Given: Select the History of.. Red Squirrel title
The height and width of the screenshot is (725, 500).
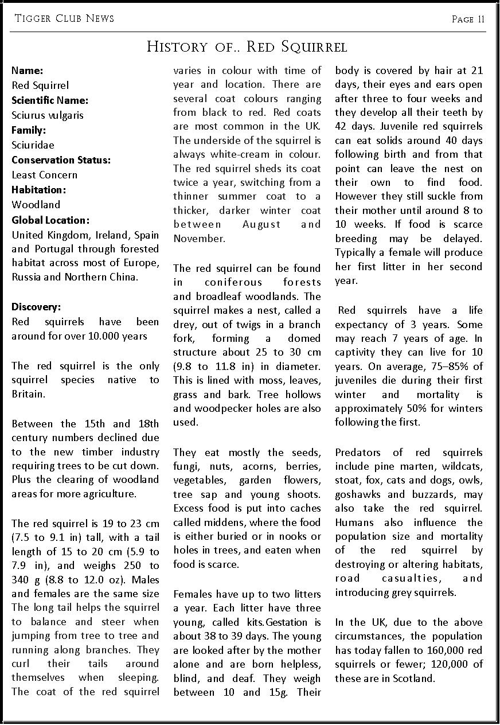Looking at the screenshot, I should tap(247, 46).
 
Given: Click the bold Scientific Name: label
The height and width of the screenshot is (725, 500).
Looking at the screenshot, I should tap(50, 100).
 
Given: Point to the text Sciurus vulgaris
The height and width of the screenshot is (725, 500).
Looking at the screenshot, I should tap(48, 115).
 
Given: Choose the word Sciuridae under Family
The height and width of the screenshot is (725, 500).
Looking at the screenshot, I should tap(33, 145).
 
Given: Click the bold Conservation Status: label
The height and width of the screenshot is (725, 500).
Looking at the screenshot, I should tap(61, 160).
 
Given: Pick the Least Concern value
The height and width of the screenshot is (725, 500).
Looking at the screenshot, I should tap(44, 175).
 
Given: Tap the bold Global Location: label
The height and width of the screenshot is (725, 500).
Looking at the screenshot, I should tap(50, 220).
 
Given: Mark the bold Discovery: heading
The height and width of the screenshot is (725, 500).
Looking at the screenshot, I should tap(36, 307).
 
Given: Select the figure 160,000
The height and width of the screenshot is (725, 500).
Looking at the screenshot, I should tap(436, 650).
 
